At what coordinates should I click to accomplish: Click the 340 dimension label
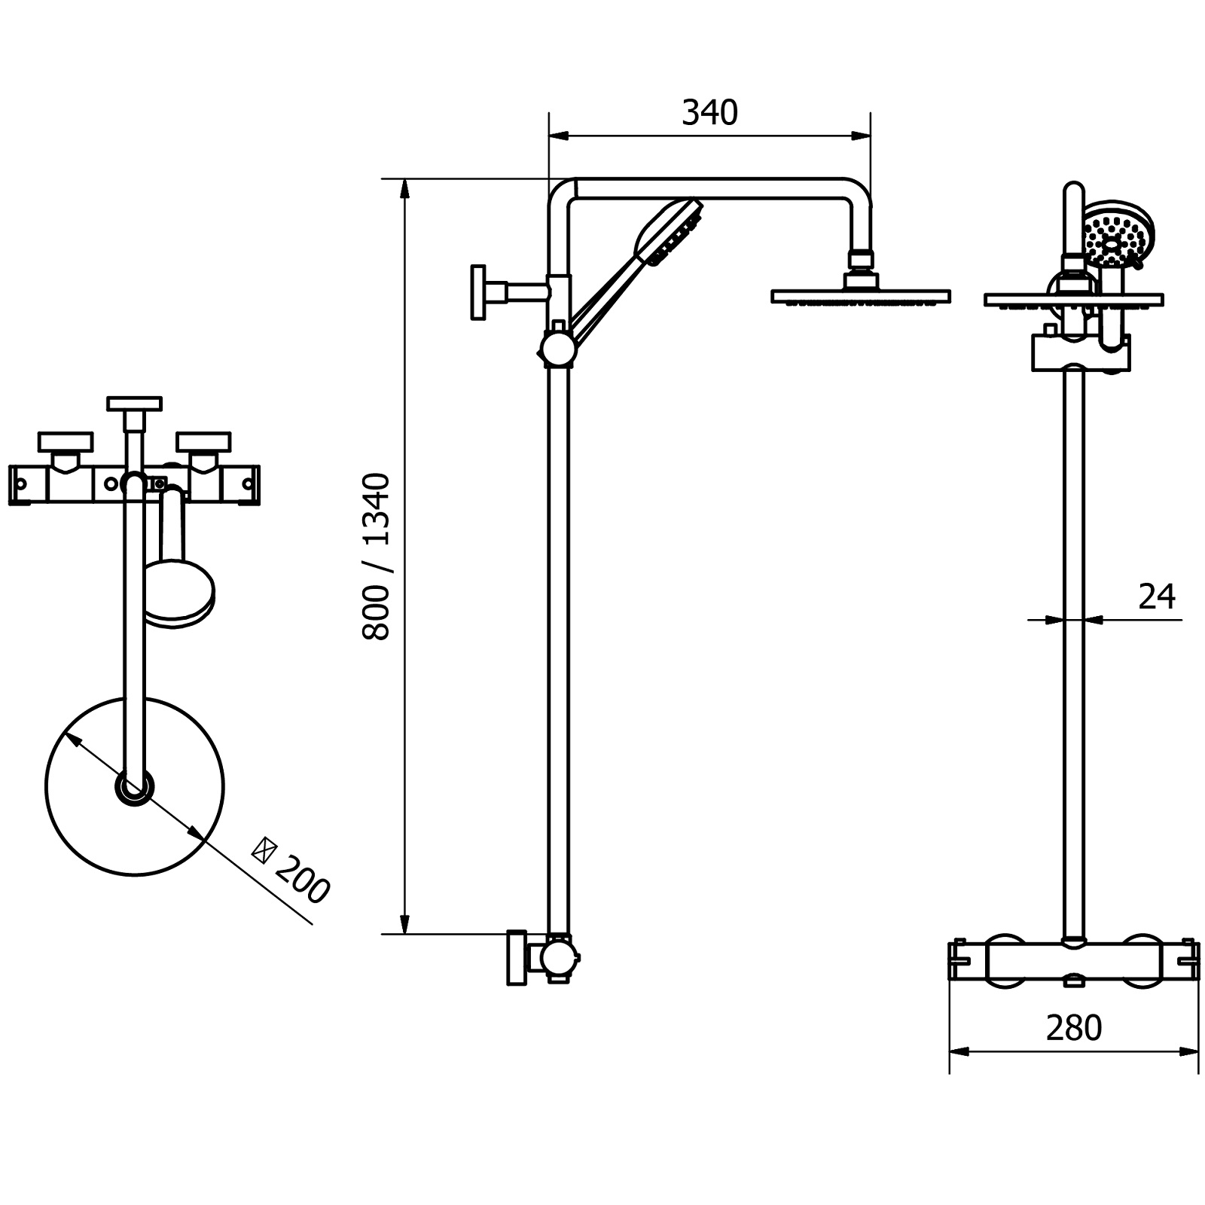709,113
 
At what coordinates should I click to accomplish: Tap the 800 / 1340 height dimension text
377,557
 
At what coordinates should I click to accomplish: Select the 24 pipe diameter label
1157,596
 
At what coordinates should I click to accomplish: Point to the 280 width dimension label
1074,1027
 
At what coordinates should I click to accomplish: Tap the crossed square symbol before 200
263,850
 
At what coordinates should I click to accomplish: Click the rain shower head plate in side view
861,297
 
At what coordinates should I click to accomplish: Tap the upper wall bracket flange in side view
477,292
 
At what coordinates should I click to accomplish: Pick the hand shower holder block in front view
1080,352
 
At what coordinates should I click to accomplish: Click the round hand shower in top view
178,593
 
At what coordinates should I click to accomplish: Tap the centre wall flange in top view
135,404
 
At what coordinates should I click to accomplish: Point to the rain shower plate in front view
1074,300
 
